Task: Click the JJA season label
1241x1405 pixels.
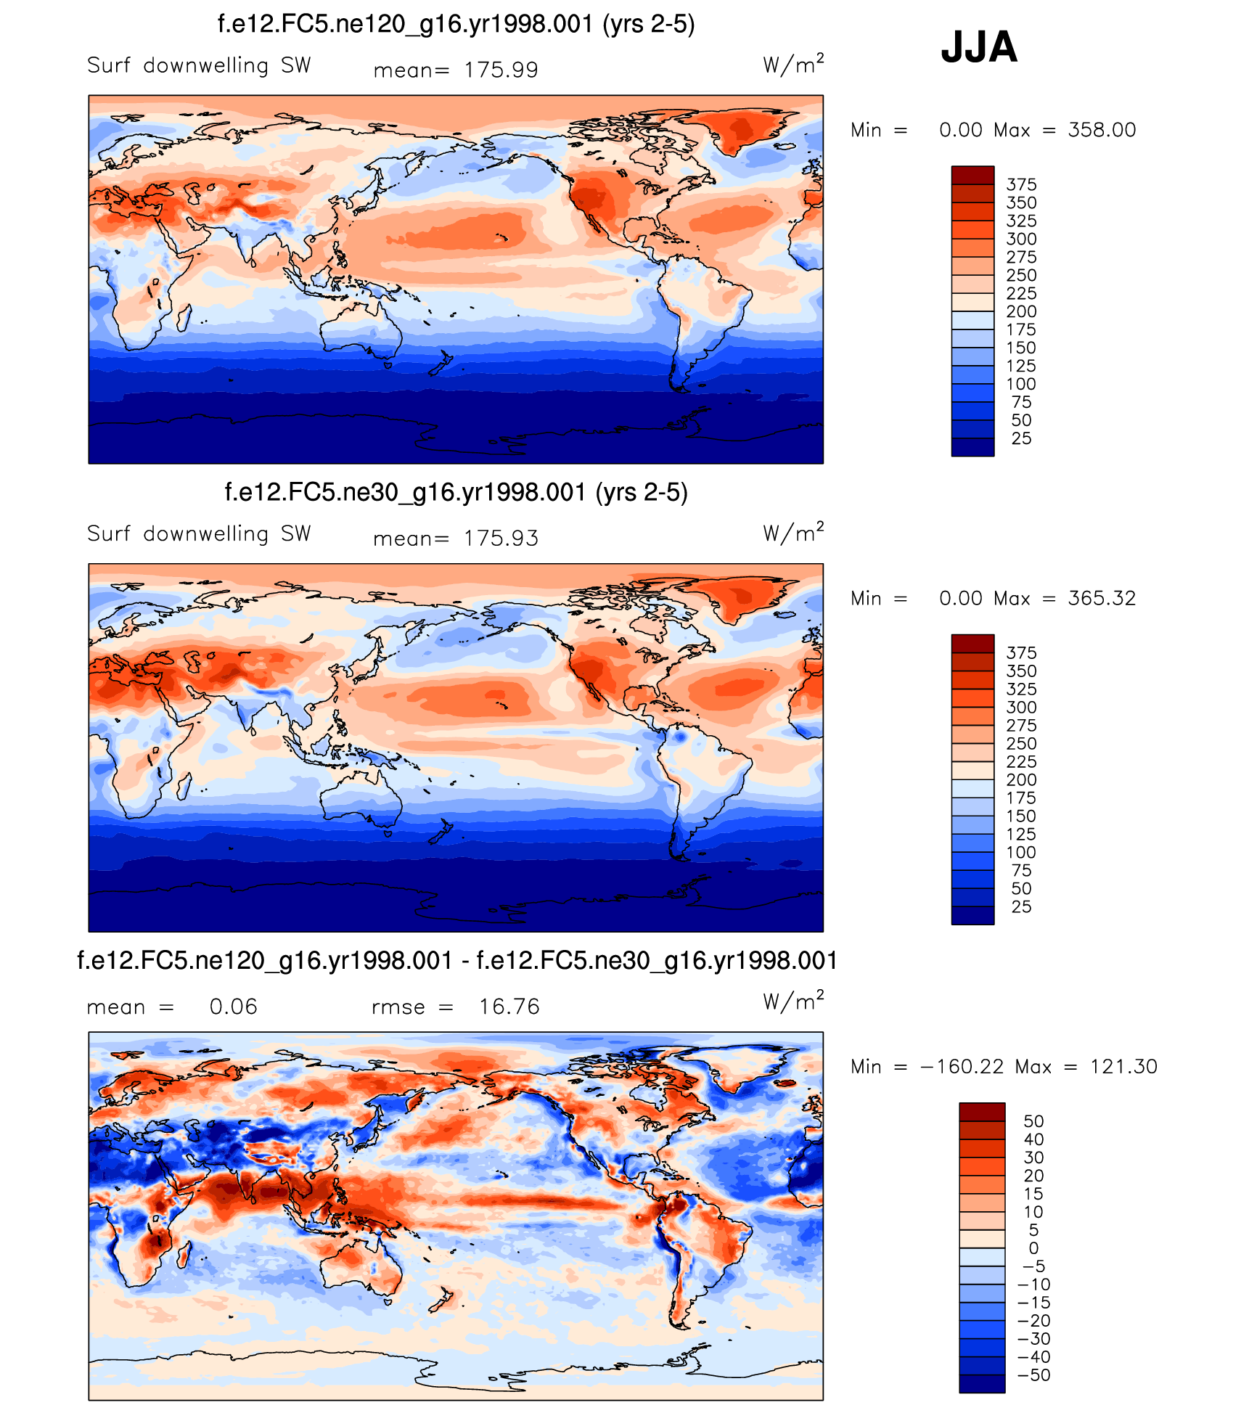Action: pyautogui.click(x=978, y=47)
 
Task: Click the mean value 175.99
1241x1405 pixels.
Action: pyautogui.click(x=501, y=70)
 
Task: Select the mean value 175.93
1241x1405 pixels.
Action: pyautogui.click(x=501, y=538)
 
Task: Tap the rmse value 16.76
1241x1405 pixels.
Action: pyautogui.click(x=509, y=1007)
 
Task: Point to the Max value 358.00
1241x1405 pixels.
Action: pyautogui.click(x=1102, y=130)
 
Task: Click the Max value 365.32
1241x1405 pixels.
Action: pyautogui.click(x=1102, y=598)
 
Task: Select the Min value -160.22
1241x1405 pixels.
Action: pyautogui.click(x=962, y=1066)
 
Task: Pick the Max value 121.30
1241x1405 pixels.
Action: pyautogui.click(x=1123, y=1066)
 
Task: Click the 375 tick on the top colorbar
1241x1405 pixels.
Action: pyautogui.click(x=1021, y=184)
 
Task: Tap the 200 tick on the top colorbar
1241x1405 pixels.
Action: pyautogui.click(x=1021, y=311)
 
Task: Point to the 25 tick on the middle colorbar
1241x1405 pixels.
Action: pyautogui.click(x=1021, y=906)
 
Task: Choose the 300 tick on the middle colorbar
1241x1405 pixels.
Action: pyautogui.click(x=1021, y=707)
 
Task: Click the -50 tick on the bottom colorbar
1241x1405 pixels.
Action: pyautogui.click(x=1033, y=1375)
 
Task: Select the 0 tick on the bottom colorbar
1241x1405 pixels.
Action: pyautogui.click(x=1033, y=1248)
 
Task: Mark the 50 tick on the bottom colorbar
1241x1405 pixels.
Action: pyautogui.click(x=1033, y=1121)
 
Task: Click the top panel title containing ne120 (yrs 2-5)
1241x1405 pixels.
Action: pyautogui.click(x=456, y=24)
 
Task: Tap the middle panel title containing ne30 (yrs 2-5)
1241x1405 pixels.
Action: pyautogui.click(x=456, y=492)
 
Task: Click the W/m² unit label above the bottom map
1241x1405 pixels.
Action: pyautogui.click(x=793, y=1001)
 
